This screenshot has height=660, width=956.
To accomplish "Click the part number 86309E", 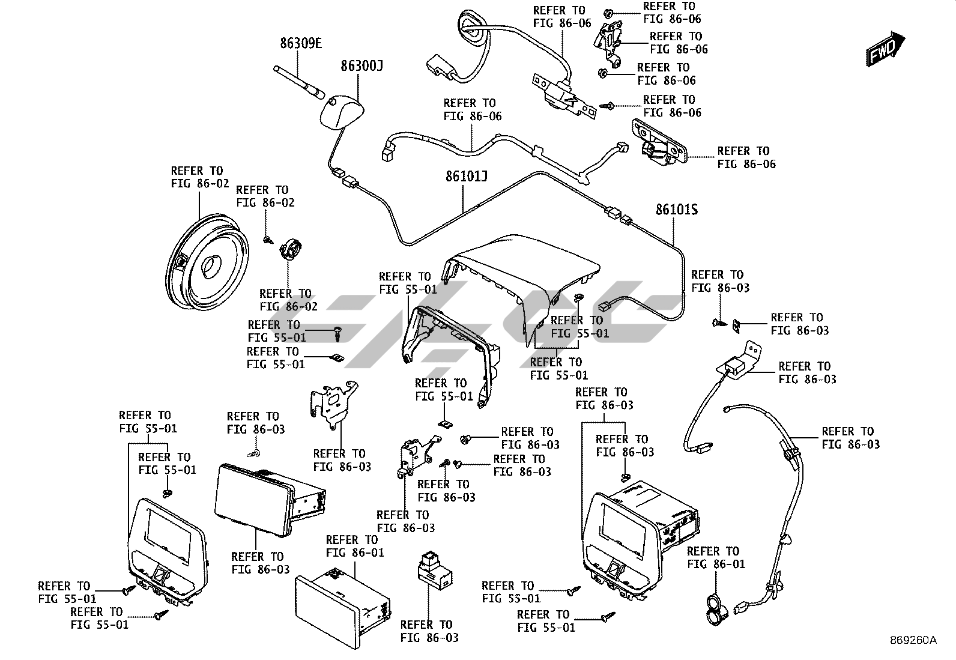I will (x=301, y=43).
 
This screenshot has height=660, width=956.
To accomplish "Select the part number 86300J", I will (x=362, y=65).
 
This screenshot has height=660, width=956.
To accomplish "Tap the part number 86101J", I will (x=466, y=177).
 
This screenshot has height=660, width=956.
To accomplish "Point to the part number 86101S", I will (x=676, y=210).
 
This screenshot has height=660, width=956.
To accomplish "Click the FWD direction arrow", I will (x=886, y=49).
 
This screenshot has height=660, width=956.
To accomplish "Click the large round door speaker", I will (x=205, y=261).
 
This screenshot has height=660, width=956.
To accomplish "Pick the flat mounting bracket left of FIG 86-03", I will (x=331, y=402).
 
